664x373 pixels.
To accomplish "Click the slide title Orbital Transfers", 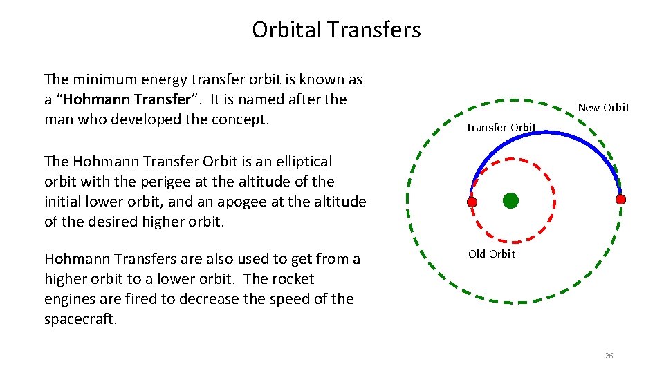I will click(336, 30).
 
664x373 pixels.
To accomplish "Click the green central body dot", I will click(510, 201).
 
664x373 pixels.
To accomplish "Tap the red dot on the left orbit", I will click(472, 202).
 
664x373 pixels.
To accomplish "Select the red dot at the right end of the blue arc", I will click(620, 199).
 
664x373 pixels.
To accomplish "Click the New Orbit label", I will click(603, 107).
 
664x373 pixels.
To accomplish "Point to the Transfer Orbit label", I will click(500, 127).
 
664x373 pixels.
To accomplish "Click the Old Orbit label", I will click(491, 254).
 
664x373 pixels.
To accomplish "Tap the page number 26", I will click(609, 356).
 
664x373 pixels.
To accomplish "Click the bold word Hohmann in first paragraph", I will click(91, 99).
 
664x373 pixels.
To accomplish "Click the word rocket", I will click(291, 279).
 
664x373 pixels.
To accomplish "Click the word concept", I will click(242, 119).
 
